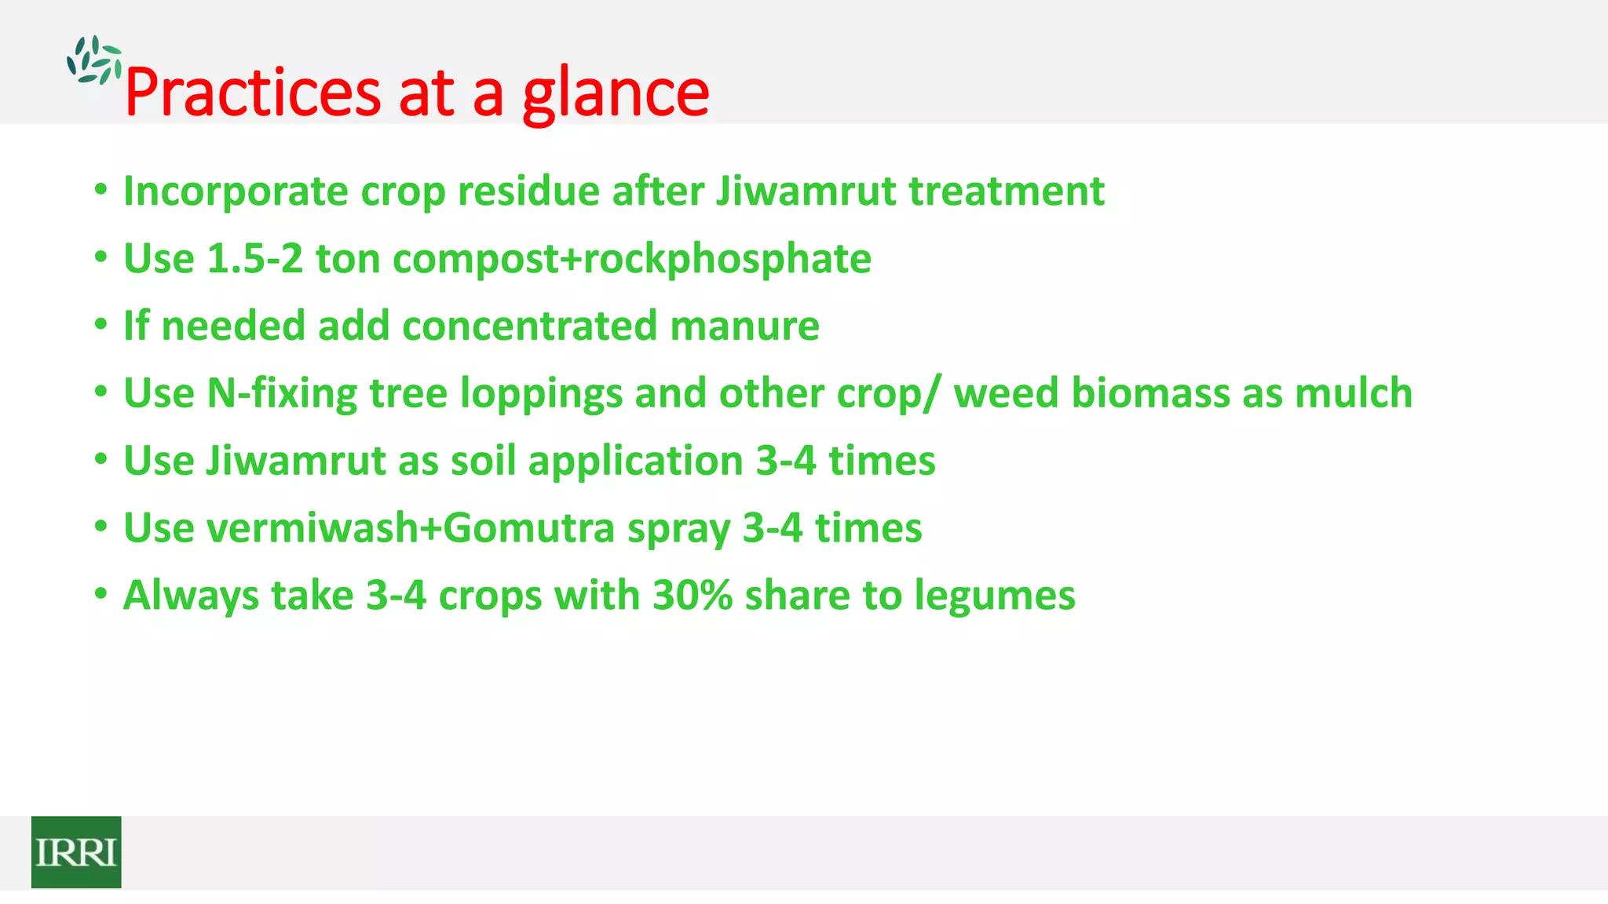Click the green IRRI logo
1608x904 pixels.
tap(76, 851)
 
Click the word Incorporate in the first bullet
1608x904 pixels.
tap(236, 191)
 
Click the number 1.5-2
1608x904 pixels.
tap(254, 259)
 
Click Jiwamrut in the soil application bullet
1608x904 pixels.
tap(295, 461)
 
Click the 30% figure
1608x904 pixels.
tap(693, 596)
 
